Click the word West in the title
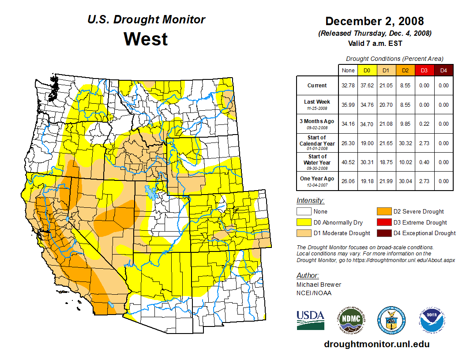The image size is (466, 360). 146,39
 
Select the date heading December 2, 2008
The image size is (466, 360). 374,21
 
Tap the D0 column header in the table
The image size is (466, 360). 367,70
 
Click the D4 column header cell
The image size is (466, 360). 443,70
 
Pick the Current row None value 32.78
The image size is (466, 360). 348,86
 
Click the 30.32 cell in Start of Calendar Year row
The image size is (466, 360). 405,143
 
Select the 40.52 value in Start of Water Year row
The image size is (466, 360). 348,162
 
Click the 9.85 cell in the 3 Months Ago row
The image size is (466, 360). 405,124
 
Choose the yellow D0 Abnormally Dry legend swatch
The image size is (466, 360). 304,222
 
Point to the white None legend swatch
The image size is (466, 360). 304,212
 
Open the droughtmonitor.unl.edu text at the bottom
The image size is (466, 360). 376,344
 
